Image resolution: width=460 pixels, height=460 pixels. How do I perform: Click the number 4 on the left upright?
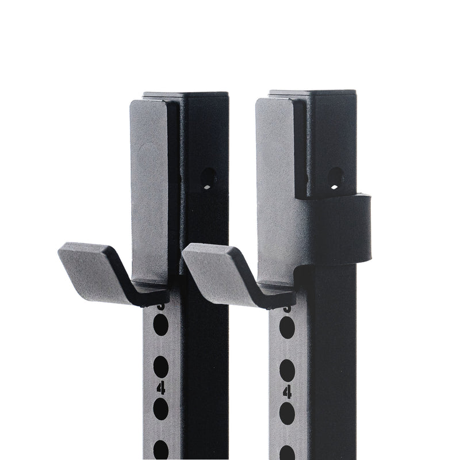[x=161, y=389]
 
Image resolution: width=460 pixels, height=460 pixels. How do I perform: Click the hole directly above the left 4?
[x=161, y=366]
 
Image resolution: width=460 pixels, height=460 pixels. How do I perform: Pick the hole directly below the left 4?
[x=161, y=409]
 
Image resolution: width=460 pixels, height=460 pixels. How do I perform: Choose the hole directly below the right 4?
[x=287, y=413]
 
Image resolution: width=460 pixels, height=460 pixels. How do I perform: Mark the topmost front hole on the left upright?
[x=161, y=326]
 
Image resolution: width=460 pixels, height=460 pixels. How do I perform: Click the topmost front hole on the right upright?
[x=287, y=328]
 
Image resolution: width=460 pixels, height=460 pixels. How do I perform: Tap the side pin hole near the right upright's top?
[x=336, y=178]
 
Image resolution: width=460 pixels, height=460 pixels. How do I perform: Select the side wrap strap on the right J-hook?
[x=345, y=230]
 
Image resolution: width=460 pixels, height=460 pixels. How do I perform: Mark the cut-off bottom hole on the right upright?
[x=287, y=451]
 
